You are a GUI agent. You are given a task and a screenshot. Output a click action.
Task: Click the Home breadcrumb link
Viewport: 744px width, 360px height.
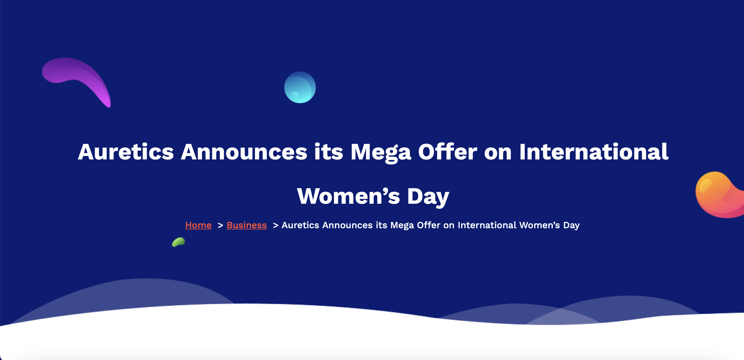point(198,225)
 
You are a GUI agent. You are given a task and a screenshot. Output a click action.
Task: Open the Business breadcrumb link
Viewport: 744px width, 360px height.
point(247,225)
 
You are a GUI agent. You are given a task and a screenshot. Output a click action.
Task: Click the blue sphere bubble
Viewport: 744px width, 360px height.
point(300,87)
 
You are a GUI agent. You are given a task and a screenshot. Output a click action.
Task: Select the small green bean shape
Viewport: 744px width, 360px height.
point(178,242)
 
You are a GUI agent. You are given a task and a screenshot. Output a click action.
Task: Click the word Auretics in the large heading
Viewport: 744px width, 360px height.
point(126,152)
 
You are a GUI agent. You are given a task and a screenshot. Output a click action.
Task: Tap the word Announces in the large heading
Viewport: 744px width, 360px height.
point(244,152)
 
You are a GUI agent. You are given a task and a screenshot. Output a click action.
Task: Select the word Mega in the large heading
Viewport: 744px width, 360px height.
point(381,153)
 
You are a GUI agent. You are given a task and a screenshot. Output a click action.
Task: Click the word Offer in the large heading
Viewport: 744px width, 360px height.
point(448,152)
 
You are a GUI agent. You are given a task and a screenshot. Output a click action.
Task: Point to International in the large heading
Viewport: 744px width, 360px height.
point(594,152)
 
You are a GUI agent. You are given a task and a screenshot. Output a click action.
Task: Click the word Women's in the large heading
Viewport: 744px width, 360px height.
point(348,196)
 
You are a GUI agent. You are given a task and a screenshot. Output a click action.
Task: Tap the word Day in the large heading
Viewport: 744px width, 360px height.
point(428,197)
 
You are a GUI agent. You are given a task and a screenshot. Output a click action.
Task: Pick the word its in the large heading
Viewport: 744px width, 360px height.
point(329,152)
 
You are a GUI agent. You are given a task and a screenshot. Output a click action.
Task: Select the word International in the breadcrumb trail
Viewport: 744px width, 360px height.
point(487,225)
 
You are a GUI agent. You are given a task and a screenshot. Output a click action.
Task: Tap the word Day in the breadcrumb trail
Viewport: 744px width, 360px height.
point(571,226)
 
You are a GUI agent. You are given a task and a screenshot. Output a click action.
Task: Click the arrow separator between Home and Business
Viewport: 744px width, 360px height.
point(220,225)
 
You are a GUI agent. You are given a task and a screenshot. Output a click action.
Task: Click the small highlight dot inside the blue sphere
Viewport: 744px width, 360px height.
point(294,95)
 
